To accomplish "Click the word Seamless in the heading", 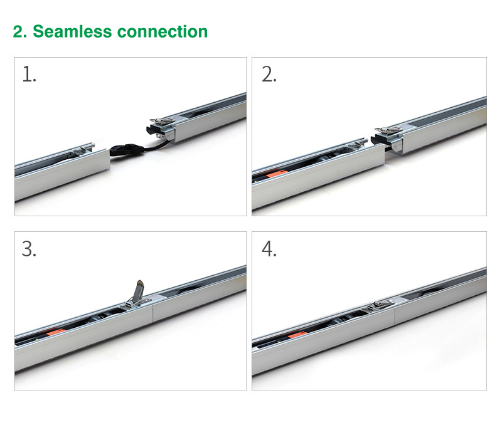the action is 72,31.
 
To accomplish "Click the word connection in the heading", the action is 163,32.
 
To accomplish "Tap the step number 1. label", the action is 29,74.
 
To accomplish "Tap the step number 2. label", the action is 269,74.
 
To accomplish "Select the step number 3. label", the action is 29,249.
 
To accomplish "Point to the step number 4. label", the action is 269,249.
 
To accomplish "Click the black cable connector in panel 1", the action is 127,149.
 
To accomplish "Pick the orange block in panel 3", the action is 56,332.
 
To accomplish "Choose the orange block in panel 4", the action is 296,335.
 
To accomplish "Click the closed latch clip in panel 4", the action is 381,305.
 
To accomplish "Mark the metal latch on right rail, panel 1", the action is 163,120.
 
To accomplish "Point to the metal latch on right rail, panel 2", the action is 389,130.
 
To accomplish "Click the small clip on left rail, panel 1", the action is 82,151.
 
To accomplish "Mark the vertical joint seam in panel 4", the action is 394,317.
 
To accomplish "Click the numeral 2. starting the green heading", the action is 20,32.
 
